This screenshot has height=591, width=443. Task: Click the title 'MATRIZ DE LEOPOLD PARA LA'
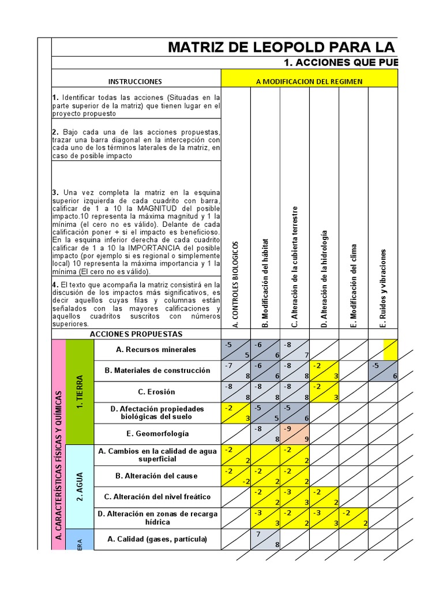point(281,47)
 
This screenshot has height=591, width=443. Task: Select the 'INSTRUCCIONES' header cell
point(136,81)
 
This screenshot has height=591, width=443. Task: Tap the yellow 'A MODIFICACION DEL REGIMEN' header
point(309,81)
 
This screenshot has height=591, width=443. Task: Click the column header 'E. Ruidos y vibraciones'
point(383,288)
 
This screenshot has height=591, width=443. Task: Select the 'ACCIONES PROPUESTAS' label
point(136,334)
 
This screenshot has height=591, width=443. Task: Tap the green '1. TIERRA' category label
point(80,392)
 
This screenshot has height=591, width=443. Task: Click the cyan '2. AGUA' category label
point(80,487)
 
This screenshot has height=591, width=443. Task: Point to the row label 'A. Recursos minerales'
point(156,350)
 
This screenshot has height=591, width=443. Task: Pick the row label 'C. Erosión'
point(156,391)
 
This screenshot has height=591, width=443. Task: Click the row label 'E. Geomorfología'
point(156,433)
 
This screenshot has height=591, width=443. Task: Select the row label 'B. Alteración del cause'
point(156,476)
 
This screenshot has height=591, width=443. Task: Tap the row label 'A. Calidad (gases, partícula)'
point(156,539)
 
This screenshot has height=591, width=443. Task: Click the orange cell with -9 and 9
point(295,434)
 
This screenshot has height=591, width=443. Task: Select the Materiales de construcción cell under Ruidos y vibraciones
point(383,371)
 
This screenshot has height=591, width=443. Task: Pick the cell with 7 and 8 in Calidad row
point(265,539)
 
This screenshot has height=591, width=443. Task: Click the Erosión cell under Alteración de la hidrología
point(324,391)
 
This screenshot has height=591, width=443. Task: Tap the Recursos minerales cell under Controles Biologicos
point(236,350)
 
